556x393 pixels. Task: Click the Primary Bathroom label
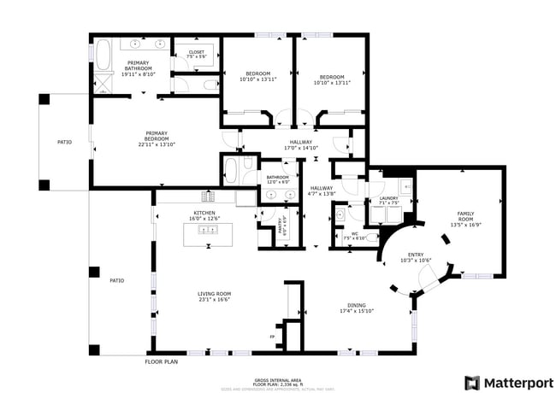point(137,68)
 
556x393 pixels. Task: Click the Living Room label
point(215,296)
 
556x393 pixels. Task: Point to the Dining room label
point(356,308)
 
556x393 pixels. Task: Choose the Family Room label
point(465,220)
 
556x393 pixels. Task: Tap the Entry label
point(416,257)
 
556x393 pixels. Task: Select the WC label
point(354,236)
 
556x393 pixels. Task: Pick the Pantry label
point(284,226)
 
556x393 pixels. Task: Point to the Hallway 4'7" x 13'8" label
point(322,191)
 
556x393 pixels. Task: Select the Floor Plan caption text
point(161,362)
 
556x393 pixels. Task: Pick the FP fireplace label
point(273,337)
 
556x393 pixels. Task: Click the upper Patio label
point(64,142)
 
